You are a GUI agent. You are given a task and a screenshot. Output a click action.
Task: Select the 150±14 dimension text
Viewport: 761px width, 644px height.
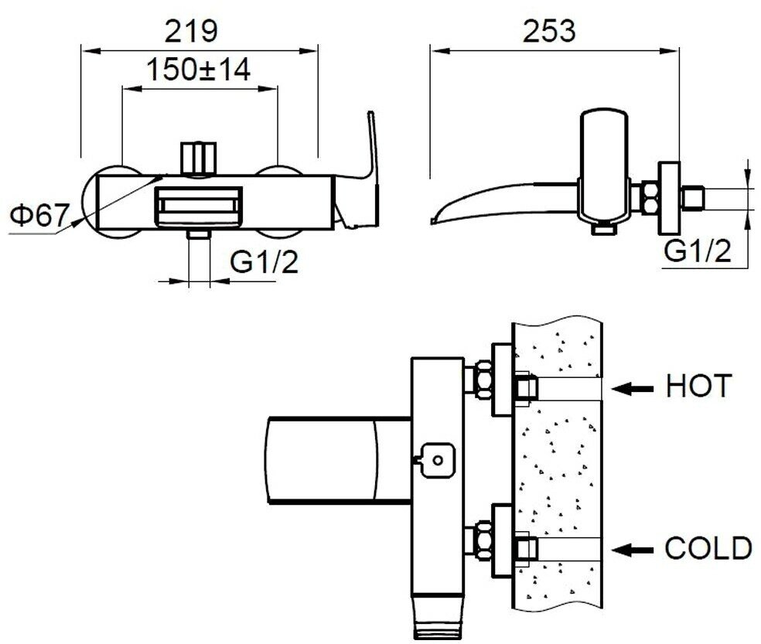point(200,70)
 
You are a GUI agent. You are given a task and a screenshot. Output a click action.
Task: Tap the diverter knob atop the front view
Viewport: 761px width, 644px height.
point(198,158)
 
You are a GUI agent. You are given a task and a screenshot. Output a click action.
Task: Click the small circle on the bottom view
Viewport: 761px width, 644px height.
point(438,461)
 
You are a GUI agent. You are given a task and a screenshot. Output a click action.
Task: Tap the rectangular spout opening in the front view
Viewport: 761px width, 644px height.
point(198,207)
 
